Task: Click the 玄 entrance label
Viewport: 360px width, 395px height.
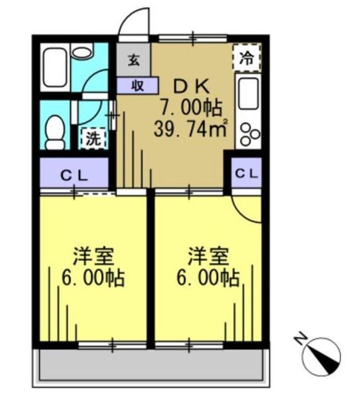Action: click(134, 60)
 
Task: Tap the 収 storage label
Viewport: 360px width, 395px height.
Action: click(137, 86)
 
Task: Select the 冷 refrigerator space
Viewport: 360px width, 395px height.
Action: click(247, 58)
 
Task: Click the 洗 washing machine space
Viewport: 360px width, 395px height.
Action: click(94, 138)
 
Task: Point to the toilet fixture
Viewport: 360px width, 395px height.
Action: click(55, 133)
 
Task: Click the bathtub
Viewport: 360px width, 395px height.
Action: click(55, 67)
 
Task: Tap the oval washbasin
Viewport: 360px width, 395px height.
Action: click(81, 52)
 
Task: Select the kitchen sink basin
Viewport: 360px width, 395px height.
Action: click(248, 93)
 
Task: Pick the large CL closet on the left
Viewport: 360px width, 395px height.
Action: click(74, 173)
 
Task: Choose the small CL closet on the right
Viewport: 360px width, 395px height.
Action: click(247, 173)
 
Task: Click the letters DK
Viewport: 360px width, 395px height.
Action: click(192, 86)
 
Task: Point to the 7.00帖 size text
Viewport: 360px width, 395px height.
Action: click(191, 107)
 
